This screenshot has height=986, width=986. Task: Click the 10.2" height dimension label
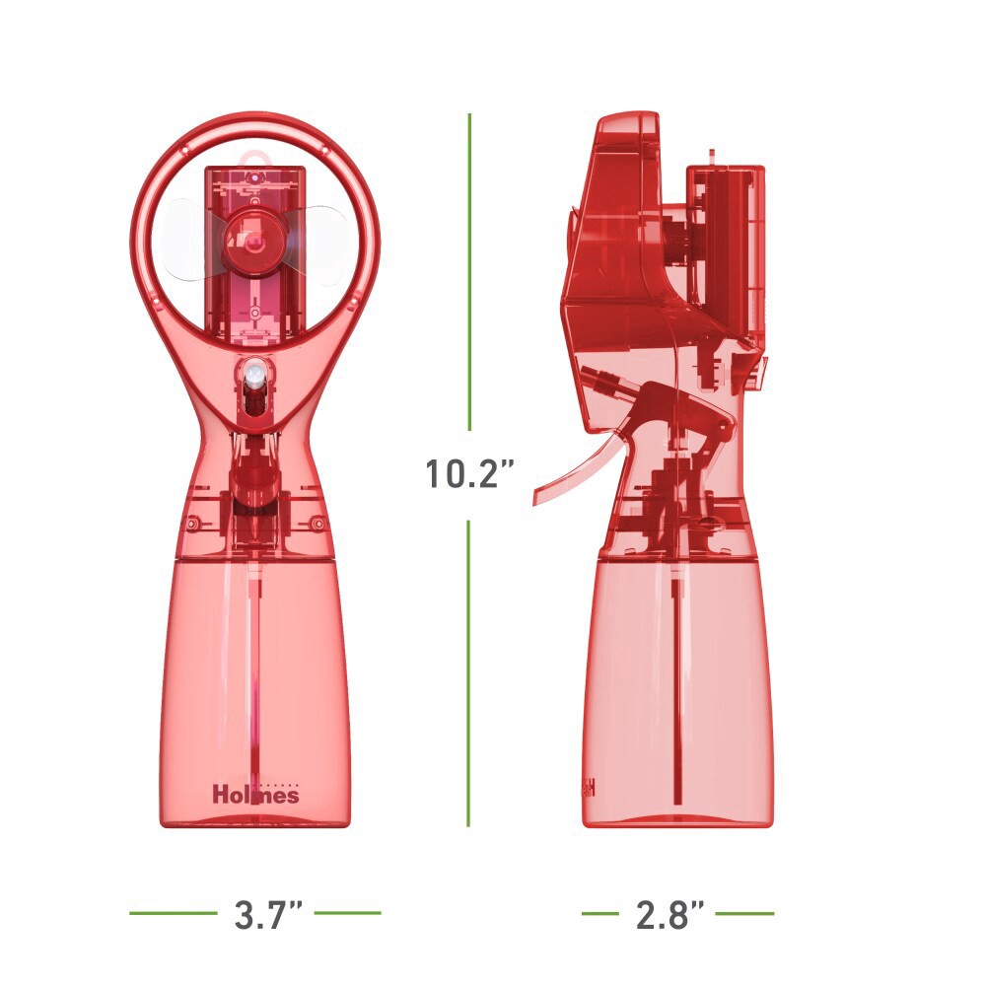point(470,473)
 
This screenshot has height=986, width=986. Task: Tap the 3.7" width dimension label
point(268,914)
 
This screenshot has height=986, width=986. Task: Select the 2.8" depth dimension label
point(669,914)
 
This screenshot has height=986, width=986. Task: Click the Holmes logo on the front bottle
point(255,794)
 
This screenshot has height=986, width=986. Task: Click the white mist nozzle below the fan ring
point(253,374)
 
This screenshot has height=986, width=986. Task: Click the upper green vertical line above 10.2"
point(469,272)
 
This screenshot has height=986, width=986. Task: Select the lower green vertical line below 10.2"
point(469,672)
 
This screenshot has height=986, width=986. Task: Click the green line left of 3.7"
point(173,912)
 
